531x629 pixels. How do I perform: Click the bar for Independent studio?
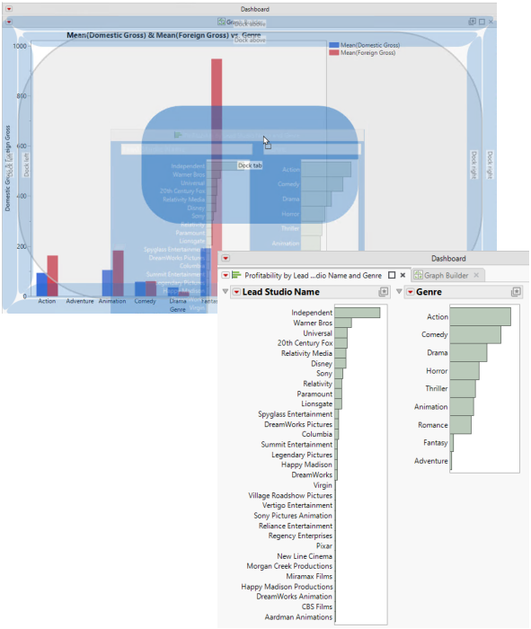tap(358, 313)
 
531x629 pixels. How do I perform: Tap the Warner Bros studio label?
tap(313, 323)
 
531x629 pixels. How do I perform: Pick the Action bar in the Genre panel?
tap(480, 316)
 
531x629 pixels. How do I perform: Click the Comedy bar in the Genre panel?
tap(475, 334)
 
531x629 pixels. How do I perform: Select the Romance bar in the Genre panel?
tap(460, 424)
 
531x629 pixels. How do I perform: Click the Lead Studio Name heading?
tap(281, 292)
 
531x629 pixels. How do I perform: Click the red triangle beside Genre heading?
tap(411, 292)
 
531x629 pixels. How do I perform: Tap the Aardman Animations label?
tap(298, 617)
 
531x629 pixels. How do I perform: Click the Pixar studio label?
tap(323, 545)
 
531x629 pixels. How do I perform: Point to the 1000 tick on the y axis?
tap(20, 45)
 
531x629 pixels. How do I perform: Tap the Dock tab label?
tap(250, 165)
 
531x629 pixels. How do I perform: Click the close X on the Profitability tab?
tap(403, 275)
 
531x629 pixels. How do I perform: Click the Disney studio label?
tap(322, 364)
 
